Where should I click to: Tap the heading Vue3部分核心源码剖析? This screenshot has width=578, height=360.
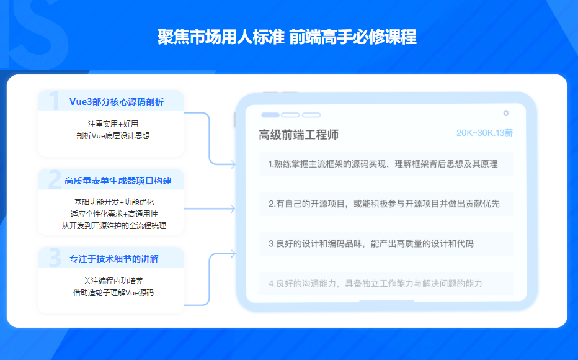117,102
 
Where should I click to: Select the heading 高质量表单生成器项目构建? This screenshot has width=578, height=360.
118,181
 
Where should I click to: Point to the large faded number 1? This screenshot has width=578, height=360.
54,101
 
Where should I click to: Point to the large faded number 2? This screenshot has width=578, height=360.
54,179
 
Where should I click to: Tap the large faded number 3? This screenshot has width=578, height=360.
54,258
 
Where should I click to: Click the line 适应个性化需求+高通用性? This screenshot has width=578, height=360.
112,214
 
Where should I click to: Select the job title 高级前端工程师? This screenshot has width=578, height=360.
299,135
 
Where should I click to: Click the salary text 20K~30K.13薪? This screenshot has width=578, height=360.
484,133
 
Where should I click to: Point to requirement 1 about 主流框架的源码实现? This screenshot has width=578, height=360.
383,164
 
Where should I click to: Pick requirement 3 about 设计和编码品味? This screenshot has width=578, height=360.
371,243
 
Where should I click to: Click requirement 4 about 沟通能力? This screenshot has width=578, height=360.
375,283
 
